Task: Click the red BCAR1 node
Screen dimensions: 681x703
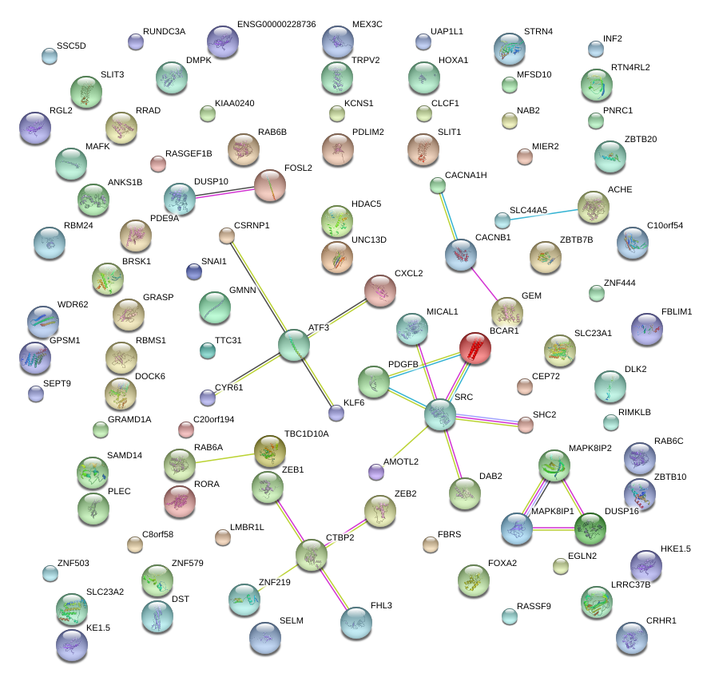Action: (x=479, y=348)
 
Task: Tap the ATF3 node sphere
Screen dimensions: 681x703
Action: (x=293, y=345)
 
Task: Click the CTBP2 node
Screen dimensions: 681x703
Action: (x=312, y=556)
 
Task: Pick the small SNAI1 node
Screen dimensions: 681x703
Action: (x=193, y=271)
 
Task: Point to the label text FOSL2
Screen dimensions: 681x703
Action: (x=298, y=168)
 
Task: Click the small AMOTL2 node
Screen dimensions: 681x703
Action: (x=376, y=472)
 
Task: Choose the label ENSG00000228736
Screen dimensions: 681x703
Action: (x=276, y=26)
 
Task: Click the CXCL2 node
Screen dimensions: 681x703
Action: (x=380, y=291)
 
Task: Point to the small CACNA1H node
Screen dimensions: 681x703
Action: (x=437, y=186)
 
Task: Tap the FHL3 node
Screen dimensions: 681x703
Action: (x=356, y=623)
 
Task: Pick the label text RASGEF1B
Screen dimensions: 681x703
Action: (x=189, y=153)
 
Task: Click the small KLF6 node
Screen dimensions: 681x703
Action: (x=336, y=413)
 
